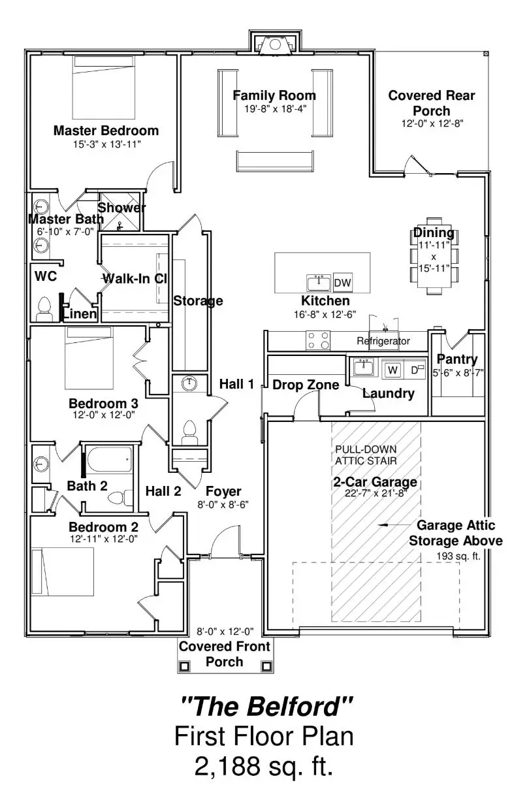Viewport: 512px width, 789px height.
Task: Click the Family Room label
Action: (274, 96)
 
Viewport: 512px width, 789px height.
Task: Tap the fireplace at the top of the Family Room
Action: (274, 46)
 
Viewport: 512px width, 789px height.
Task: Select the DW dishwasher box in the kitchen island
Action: (343, 283)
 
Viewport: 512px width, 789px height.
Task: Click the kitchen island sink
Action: (319, 283)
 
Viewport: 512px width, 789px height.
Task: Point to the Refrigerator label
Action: (383, 341)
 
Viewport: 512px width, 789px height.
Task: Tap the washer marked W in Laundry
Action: (392, 370)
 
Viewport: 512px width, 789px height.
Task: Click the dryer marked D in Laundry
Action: (414, 370)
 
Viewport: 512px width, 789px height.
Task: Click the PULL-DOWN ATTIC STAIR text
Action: (366, 455)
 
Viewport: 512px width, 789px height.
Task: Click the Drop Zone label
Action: (305, 385)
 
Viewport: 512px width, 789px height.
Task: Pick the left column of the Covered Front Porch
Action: (184, 666)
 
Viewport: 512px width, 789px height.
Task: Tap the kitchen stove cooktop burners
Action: (318, 341)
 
